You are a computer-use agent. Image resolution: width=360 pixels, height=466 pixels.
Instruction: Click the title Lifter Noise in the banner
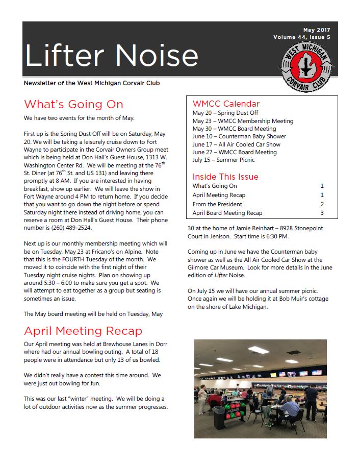click(x=111, y=55)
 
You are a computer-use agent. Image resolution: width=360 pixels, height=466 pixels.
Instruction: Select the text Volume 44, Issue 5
click(x=302, y=37)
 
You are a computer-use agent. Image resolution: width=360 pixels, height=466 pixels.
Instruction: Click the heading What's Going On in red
click(x=73, y=105)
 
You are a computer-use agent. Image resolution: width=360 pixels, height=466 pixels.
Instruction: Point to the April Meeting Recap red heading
click(x=83, y=331)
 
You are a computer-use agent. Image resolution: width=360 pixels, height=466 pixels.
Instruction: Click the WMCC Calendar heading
click(x=226, y=104)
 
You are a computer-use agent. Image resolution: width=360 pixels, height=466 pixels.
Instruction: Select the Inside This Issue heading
click(x=225, y=177)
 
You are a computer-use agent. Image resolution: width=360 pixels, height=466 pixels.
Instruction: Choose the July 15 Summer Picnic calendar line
click(x=223, y=160)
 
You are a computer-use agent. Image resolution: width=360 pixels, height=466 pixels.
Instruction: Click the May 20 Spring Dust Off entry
click(x=225, y=113)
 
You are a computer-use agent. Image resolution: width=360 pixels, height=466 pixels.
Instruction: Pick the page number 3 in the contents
click(x=322, y=213)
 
